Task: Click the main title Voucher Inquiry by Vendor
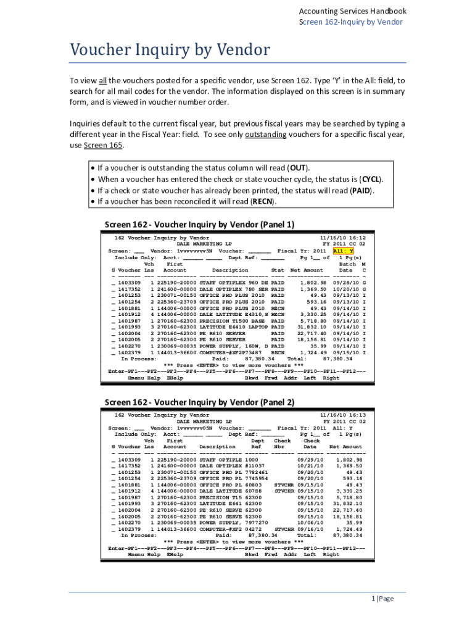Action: pyautogui.click(x=170, y=49)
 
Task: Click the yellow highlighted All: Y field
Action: pyautogui.click(x=342, y=251)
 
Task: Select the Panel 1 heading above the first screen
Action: pyautogui.click(x=199, y=224)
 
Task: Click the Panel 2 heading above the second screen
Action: pyautogui.click(x=199, y=402)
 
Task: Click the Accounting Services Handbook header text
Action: pyautogui.click(x=352, y=11)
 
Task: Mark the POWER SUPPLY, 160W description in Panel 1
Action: pyautogui.click(x=231, y=347)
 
